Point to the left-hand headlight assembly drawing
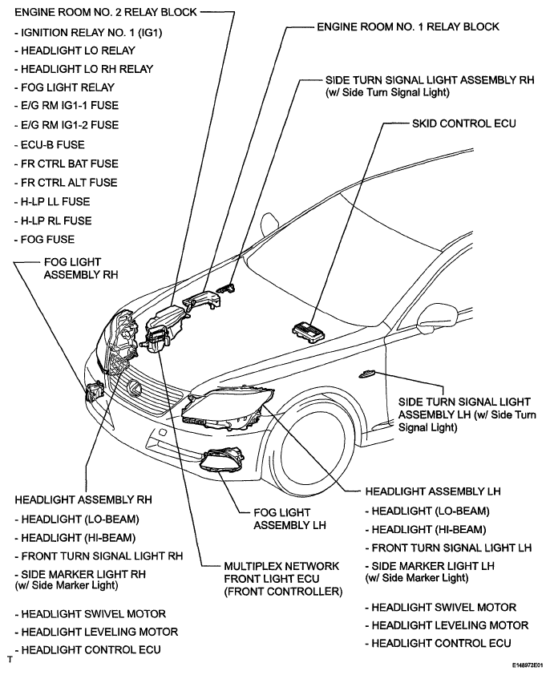coord(228,409)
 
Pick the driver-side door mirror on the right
coord(437,317)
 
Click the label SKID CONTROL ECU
coord(464,124)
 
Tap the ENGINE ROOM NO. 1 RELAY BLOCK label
coord(408,26)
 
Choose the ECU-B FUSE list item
coord(50,144)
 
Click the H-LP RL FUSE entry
coord(53,220)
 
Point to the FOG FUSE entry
coord(44,240)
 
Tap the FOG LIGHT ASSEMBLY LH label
coord(289,519)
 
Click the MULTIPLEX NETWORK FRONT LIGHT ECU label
coord(283,579)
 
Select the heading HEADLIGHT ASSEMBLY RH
coord(83,499)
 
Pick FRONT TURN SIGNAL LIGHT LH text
coord(448,548)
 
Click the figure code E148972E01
coord(529,666)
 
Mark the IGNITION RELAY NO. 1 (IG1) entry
coord(88,33)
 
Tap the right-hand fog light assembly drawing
coord(95,391)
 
